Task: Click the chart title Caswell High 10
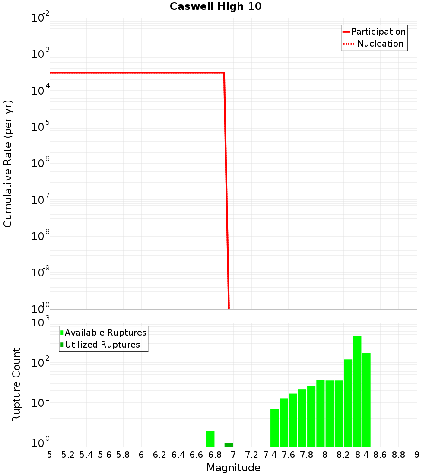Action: [216, 6]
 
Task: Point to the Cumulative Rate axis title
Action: [8, 164]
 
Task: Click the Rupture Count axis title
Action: [16, 385]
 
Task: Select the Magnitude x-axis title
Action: [233, 468]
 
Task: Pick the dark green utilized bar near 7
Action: [229, 445]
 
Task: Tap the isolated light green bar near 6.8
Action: [210, 439]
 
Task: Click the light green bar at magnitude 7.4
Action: [275, 428]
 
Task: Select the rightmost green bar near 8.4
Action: [366, 400]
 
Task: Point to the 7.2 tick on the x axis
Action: [251, 455]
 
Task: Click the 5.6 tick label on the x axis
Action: [105, 455]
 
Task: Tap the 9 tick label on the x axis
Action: [416, 455]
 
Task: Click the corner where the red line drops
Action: [224, 73]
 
